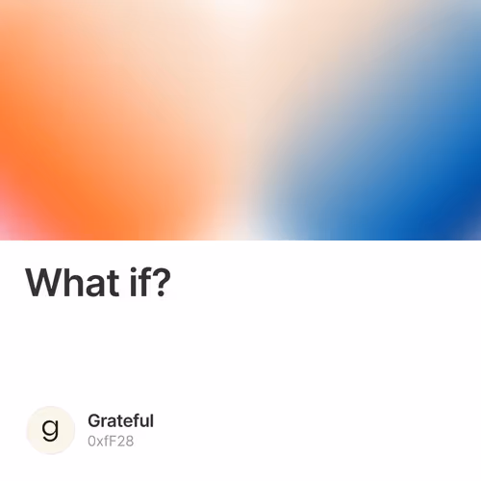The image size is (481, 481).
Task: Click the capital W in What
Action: tap(44, 282)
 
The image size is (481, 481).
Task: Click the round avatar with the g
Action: tap(51, 429)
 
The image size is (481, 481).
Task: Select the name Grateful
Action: tap(120, 420)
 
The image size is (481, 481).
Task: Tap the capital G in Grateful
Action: tap(93, 420)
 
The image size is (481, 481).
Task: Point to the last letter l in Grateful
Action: tap(151, 420)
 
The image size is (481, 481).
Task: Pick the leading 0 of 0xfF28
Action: tap(91, 441)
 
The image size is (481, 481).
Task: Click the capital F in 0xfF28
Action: tap(111, 441)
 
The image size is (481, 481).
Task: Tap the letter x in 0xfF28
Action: tap(99, 442)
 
